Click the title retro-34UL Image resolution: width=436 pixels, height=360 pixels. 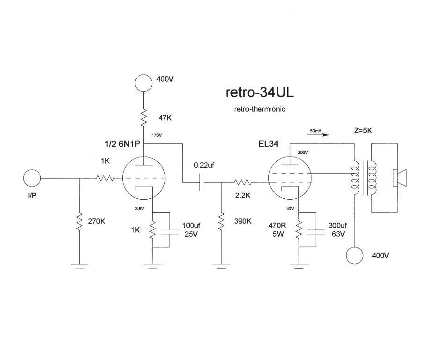[259, 92]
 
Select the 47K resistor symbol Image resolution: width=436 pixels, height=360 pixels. [143, 118]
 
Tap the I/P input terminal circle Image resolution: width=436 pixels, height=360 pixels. [32, 178]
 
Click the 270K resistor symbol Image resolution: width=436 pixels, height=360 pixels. [80, 222]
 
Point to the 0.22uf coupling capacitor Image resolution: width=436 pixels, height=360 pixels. [202, 183]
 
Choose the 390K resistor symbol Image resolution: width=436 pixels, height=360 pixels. [222, 221]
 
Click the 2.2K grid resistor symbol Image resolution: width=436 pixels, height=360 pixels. [243, 183]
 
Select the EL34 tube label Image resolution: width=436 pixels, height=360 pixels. [268, 144]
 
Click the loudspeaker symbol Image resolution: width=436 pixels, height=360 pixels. [399, 178]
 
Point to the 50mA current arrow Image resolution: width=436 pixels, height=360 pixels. [318, 135]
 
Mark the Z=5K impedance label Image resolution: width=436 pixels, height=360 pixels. [363, 131]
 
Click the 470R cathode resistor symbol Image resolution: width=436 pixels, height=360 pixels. [299, 230]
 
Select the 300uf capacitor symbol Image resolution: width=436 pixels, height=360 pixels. [316, 232]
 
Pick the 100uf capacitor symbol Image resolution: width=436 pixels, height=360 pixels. [170, 232]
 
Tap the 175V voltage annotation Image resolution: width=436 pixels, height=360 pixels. [156, 135]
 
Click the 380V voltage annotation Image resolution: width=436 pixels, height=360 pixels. [303, 152]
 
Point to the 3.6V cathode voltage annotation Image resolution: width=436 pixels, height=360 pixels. [139, 208]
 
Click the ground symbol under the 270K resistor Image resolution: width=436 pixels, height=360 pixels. [80, 266]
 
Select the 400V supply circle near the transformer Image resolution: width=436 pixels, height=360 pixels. [355, 255]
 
